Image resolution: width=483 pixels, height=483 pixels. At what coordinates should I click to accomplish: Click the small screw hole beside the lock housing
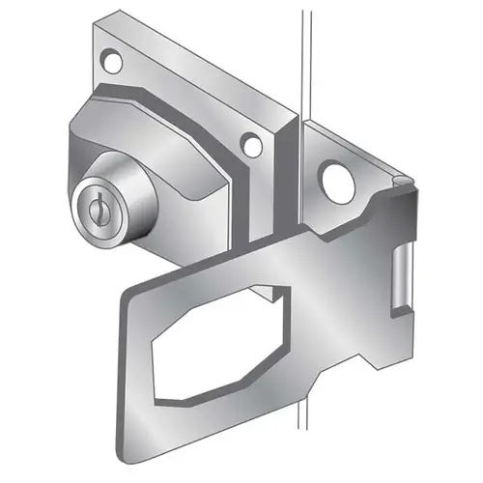point(251,147)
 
